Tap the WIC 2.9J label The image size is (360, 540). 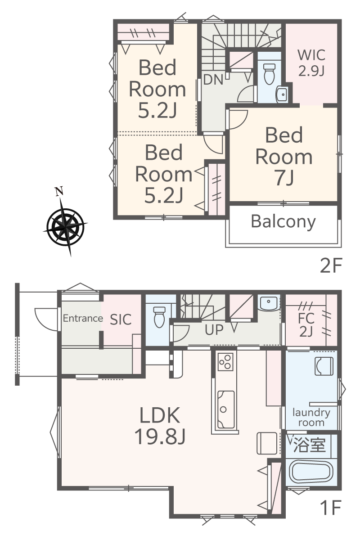pyautogui.click(x=311, y=63)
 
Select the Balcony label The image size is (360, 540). pyautogui.click(x=283, y=222)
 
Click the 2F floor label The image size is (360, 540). pyautogui.click(x=331, y=265)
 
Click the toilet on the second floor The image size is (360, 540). pyautogui.click(x=270, y=74)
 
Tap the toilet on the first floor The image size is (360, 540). pyautogui.click(x=159, y=317)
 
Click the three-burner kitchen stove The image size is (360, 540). pyautogui.click(x=225, y=362)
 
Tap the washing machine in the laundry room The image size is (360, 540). pyautogui.click(x=324, y=366)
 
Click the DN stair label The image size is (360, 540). pyautogui.click(x=213, y=80)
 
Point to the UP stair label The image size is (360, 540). pyautogui.click(x=214, y=330)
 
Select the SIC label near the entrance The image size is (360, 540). pyautogui.click(x=121, y=319)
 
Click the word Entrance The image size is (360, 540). pyautogui.click(x=83, y=318)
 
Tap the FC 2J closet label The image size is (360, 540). pyautogui.click(x=306, y=325)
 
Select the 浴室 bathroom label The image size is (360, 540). pyautogui.click(x=310, y=445)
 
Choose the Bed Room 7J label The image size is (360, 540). pyautogui.click(x=284, y=156)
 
